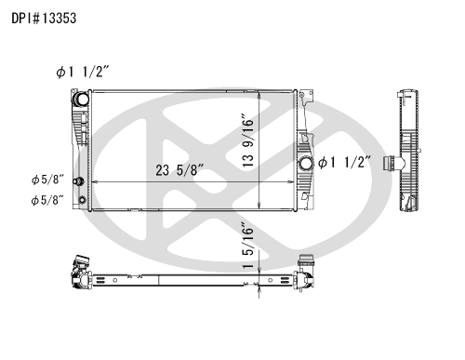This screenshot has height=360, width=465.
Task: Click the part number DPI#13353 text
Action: click(44, 19)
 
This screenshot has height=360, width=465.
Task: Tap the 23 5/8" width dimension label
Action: click(179, 170)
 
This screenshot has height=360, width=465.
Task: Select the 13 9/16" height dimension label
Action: click(248, 140)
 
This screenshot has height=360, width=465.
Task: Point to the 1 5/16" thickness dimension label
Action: click(248, 246)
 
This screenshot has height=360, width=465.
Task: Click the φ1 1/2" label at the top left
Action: click(83, 72)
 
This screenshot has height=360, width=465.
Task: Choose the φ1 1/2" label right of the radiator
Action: click(344, 162)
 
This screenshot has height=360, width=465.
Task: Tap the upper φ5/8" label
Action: click(47, 180)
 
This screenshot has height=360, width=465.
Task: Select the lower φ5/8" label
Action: click(47, 200)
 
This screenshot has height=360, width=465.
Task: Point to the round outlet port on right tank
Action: click(305, 164)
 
